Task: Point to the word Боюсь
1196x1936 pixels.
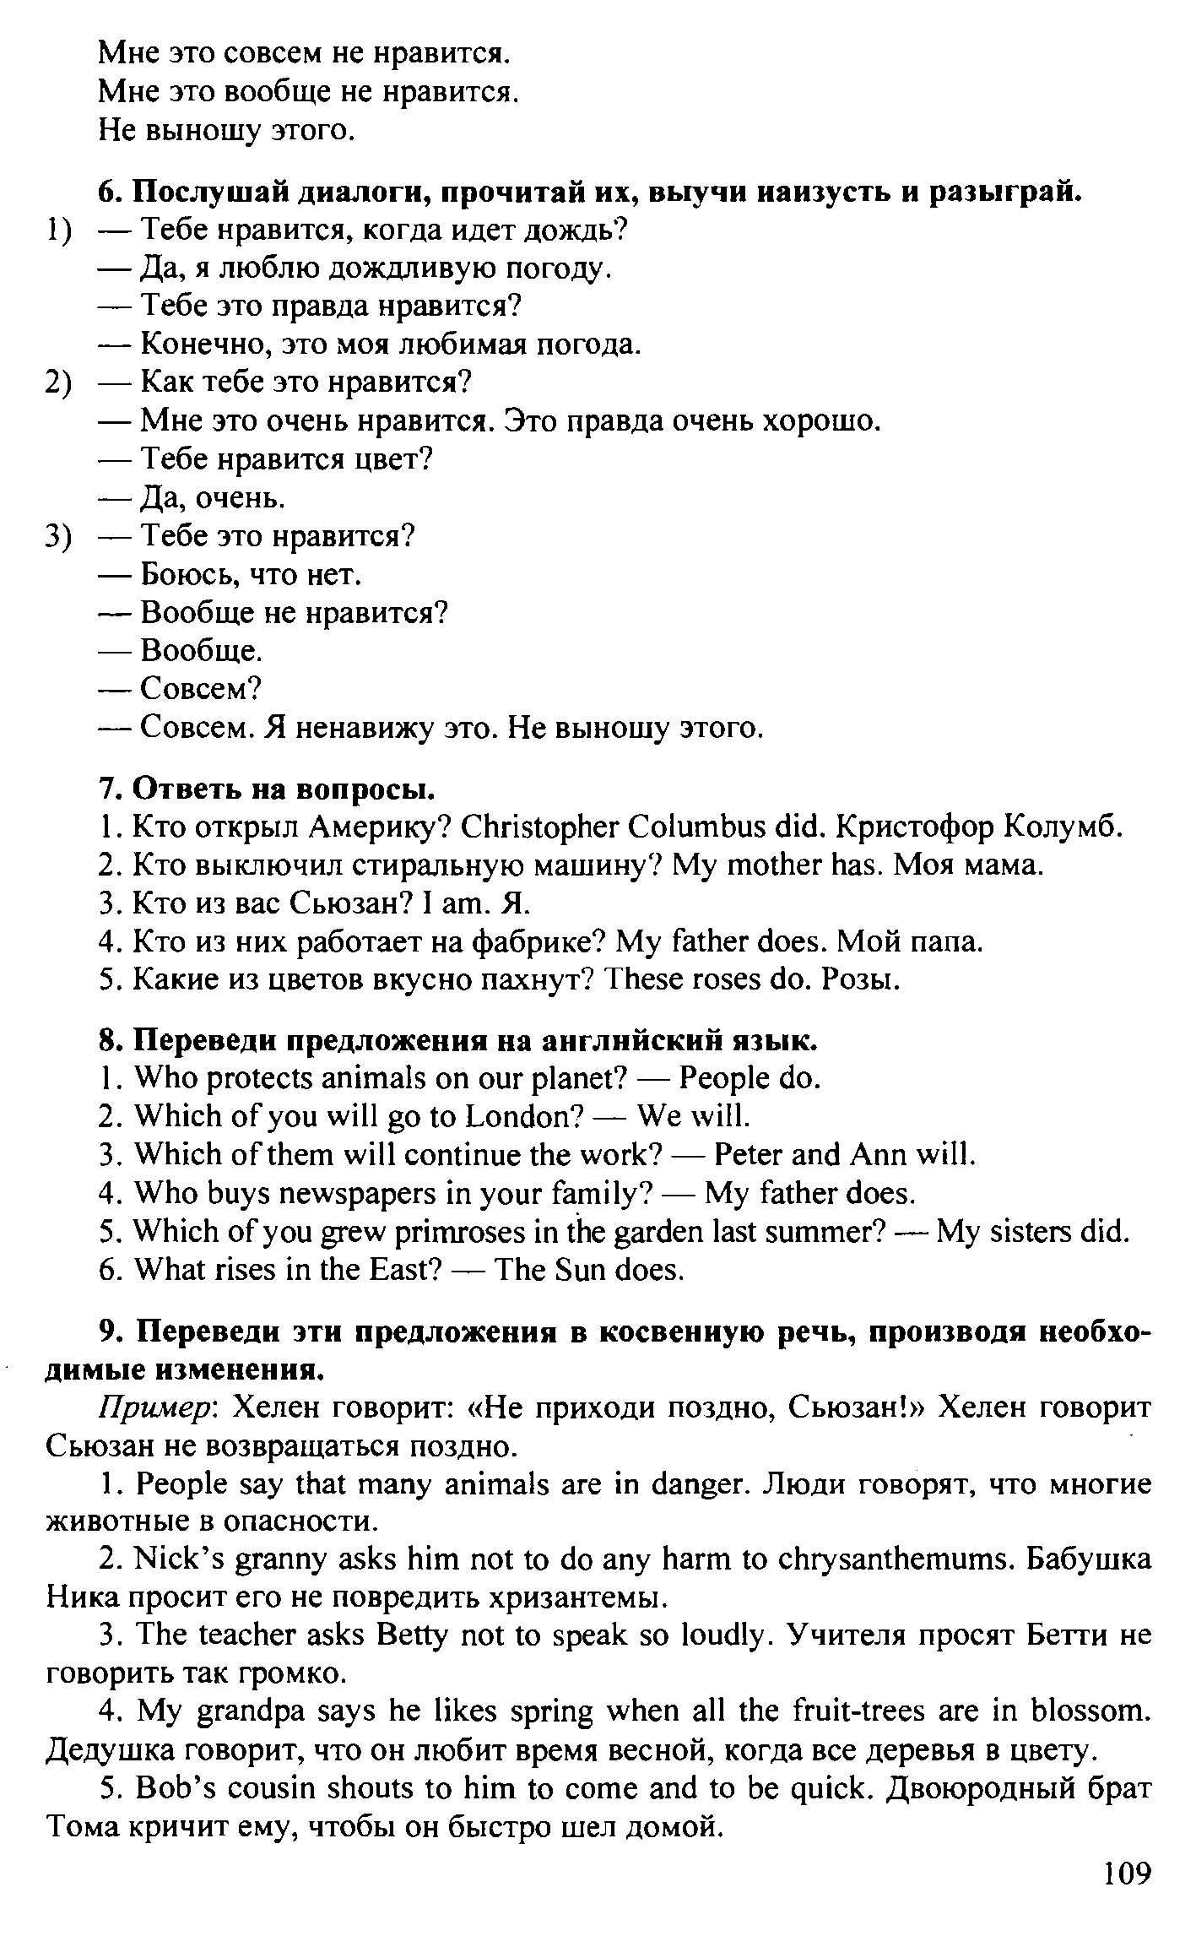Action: click(184, 575)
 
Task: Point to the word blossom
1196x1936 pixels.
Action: click(1090, 1711)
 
